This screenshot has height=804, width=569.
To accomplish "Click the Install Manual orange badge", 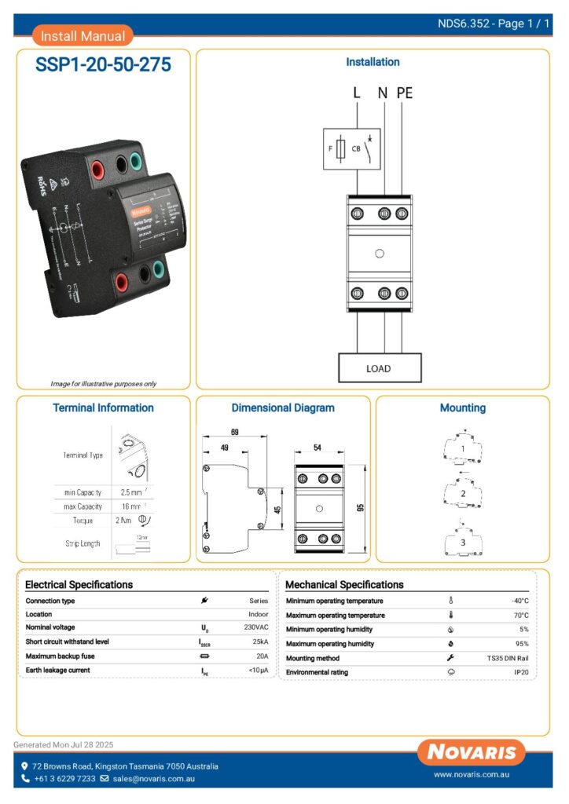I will coord(83,35).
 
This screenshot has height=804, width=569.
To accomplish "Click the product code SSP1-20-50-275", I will coord(103,65).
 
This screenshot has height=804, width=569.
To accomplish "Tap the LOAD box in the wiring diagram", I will coord(379,367).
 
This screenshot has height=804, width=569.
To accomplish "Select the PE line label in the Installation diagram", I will coord(404,93).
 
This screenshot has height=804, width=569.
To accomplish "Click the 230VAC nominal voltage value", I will coord(256,628).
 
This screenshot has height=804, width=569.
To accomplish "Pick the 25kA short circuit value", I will coord(261,641).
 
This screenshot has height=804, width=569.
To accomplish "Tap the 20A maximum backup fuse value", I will coord(262,656).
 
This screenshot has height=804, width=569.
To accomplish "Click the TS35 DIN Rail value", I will coord(507,658).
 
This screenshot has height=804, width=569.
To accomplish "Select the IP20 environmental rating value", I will coord(521,672).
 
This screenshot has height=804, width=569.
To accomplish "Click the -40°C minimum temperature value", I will coord(519,601).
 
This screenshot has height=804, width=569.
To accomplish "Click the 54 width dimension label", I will coord(318,448).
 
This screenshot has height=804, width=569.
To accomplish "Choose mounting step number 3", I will coord(463,543).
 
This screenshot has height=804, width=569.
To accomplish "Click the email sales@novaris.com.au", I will coord(153,779).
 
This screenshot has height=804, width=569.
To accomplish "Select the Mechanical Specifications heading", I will coord(344,585).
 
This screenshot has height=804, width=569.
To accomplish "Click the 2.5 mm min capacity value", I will coord(131,492).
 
